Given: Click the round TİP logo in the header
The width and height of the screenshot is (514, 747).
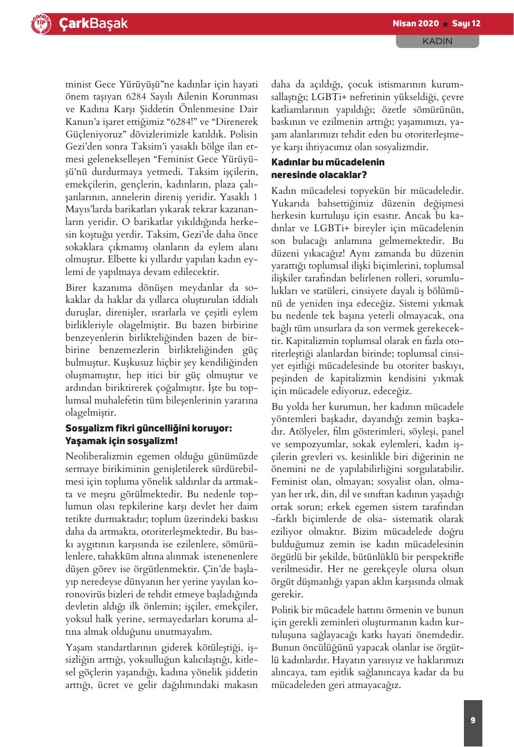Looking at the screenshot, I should tap(41, 24).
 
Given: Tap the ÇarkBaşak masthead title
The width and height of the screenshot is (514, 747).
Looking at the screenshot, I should tap(93, 24).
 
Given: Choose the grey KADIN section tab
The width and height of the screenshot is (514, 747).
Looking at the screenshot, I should tap(438, 41).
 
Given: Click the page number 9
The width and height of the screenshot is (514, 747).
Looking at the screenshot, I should tap(473, 720).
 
